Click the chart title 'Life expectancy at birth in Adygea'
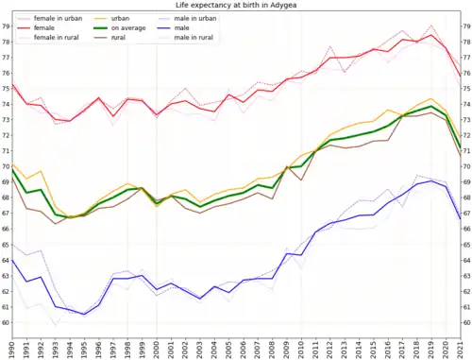(236, 6)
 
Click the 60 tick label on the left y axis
(5, 323)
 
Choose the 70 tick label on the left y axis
(5, 166)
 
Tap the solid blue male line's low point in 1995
(85, 315)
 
